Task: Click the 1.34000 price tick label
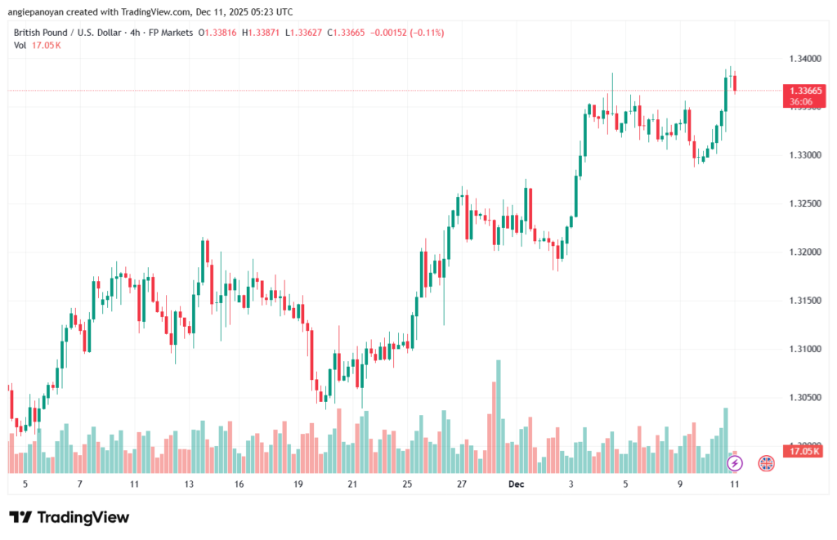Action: coord(805,59)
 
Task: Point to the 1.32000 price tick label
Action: coord(805,252)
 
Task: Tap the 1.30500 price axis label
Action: coord(805,397)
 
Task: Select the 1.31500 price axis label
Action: coord(805,301)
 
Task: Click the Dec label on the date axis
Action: coord(517,484)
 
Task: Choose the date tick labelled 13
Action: coord(189,484)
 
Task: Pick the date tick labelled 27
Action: coord(462,484)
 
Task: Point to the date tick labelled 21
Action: coord(352,484)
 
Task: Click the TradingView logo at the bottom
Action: coord(69,517)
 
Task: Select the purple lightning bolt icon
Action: coord(734,463)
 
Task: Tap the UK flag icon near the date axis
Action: coord(766,463)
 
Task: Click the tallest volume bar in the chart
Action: coord(498,416)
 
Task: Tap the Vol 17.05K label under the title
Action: coord(38,45)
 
